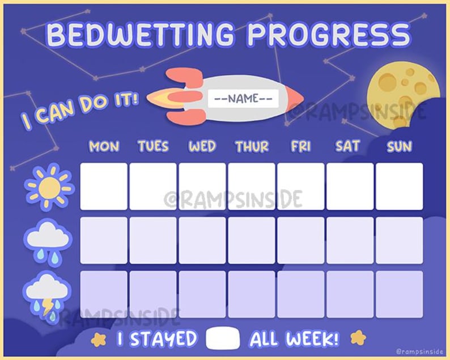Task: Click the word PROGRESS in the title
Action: pos(329,35)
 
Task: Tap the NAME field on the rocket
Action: pos(243,99)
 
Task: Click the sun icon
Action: pos(49,187)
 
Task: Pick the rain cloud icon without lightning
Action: pos(49,241)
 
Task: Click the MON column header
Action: pos(104,147)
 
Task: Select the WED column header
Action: pos(202,147)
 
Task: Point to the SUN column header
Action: pos(399,147)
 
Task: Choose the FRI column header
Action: pos(300,147)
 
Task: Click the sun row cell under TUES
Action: pos(153,187)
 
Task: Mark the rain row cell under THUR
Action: pos(252,240)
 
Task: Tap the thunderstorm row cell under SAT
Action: pos(350,294)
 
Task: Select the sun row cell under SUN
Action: pos(400,187)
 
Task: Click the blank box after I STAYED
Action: pos(223,338)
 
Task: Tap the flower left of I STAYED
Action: pos(99,339)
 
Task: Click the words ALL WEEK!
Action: pos(294,339)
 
